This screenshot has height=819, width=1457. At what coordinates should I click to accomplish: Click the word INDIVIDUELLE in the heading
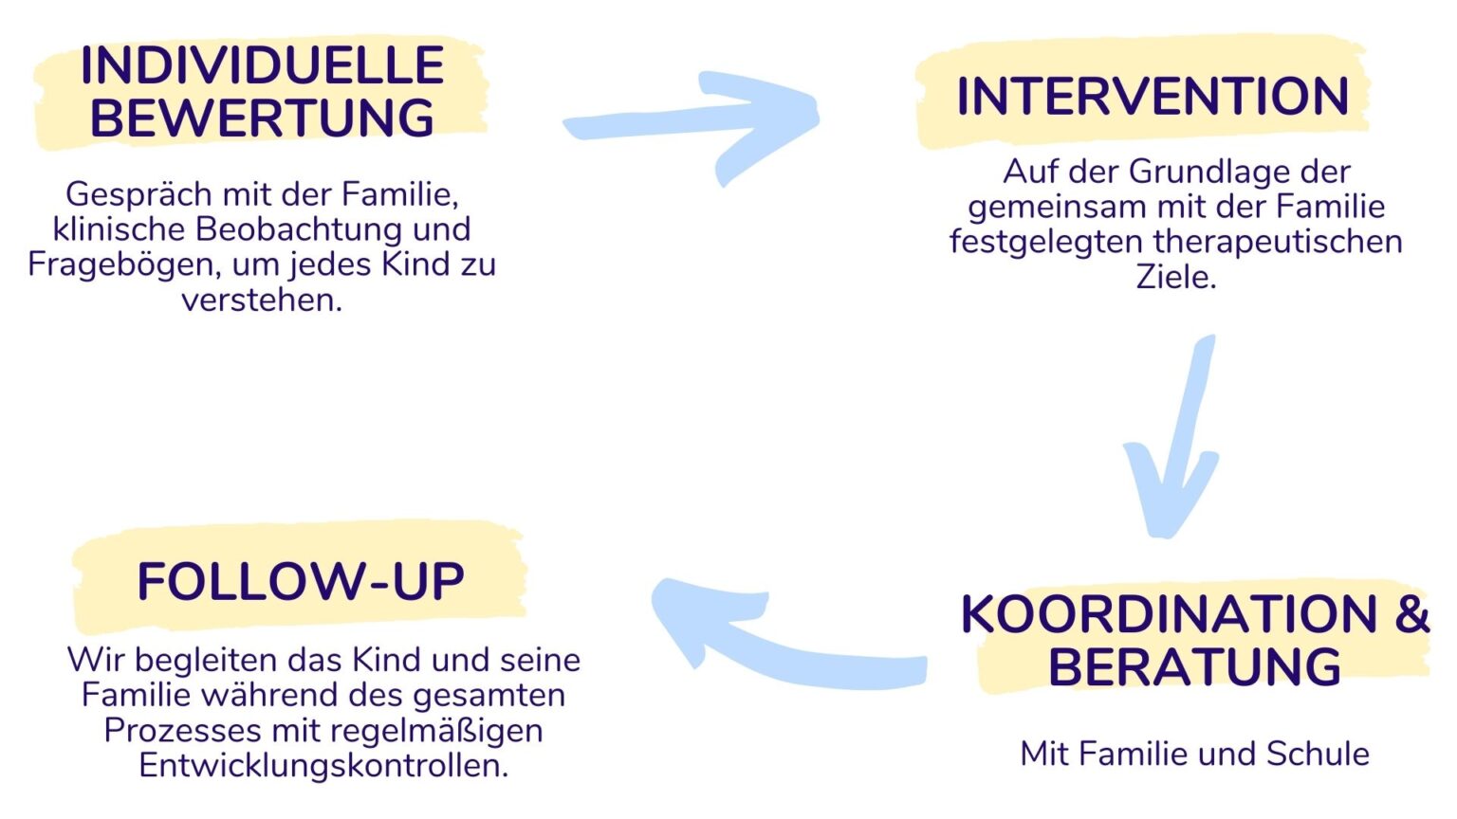262,65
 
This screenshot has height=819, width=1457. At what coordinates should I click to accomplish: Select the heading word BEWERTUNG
262,118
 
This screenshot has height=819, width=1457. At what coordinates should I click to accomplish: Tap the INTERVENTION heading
1153,97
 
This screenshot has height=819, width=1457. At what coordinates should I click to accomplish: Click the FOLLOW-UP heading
301,581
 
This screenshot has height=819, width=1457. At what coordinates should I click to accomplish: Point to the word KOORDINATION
1169,614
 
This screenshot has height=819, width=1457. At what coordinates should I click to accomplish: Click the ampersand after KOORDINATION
1412,614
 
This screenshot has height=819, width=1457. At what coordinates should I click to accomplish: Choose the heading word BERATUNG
1194,667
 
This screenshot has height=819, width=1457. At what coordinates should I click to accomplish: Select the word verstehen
262,300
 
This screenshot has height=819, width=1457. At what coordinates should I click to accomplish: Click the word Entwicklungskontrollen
323,765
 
